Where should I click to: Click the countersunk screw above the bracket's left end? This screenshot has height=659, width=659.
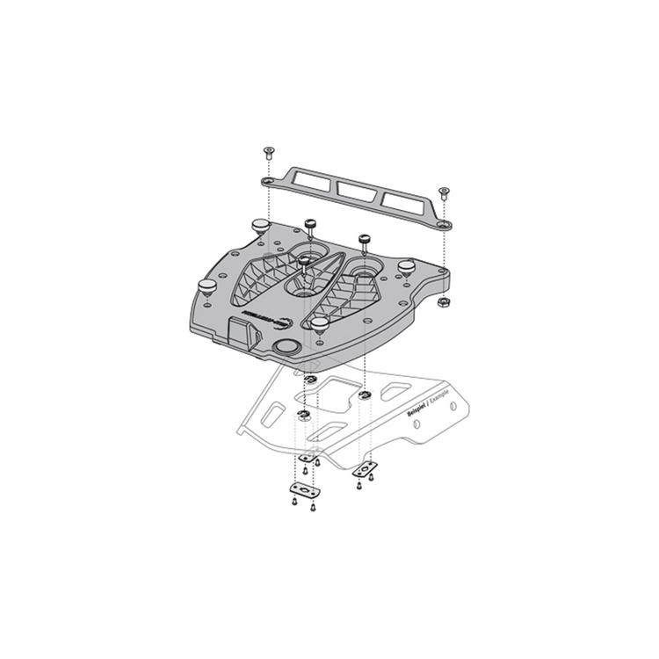(x=267, y=153)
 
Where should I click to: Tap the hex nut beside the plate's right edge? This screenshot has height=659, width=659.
(x=443, y=301)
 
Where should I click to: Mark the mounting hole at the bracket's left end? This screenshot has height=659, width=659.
(x=267, y=180)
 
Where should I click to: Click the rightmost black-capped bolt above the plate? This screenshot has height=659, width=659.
(x=363, y=239)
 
